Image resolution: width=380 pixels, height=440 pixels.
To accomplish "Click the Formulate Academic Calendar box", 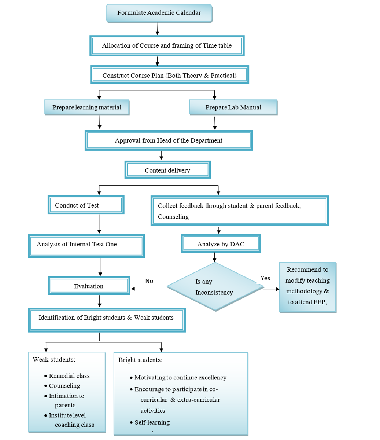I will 159,13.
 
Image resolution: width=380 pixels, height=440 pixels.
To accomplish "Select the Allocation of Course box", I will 167,46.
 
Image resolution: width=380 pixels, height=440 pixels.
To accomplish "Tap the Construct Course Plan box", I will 169,75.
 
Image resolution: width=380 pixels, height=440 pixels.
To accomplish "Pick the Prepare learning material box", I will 86,107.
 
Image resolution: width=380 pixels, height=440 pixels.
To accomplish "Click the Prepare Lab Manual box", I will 233,107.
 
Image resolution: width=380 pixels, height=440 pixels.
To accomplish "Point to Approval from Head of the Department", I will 169,140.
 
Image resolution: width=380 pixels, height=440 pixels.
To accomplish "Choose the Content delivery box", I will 167,170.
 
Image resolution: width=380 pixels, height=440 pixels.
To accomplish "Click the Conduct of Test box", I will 86,205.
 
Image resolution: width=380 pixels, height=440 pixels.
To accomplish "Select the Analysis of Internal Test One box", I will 86,245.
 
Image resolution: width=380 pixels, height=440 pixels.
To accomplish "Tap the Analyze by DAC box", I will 221,244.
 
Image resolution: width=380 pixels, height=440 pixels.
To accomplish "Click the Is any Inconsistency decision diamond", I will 215,287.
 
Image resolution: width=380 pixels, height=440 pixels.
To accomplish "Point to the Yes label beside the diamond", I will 265,278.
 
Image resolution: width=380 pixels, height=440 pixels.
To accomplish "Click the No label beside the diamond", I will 149,281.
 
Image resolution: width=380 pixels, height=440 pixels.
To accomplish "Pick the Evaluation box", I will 89,286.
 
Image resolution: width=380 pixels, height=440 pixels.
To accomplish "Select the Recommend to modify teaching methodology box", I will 307,286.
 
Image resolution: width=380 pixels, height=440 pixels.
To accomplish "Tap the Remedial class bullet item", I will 69,376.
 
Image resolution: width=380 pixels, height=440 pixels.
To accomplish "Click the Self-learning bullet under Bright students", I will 152,422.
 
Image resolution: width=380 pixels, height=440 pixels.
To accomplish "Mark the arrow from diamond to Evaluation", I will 149,289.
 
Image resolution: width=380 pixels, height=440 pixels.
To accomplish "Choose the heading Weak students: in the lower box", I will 54,359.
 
